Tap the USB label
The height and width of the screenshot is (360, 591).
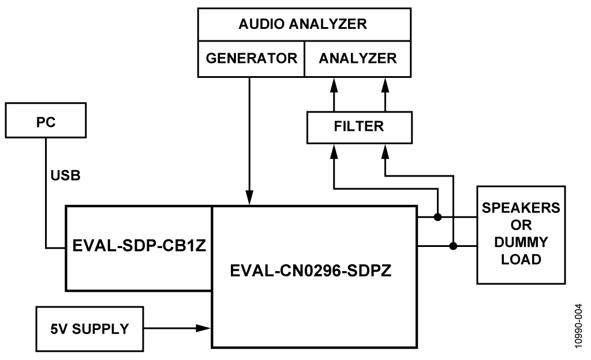(x=64, y=175)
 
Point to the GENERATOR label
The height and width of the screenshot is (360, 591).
(x=251, y=58)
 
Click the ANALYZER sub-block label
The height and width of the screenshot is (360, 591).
(x=358, y=58)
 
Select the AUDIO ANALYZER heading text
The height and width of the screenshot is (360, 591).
(x=303, y=24)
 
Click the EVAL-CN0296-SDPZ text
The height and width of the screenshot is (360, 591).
(x=314, y=270)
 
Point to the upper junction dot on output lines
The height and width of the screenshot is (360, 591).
(x=438, y=217)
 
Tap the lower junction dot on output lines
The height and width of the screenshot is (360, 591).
(x=454, y=246)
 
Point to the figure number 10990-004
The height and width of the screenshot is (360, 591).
(x=578, y=327)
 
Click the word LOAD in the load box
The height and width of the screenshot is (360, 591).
(x=521, y=260)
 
